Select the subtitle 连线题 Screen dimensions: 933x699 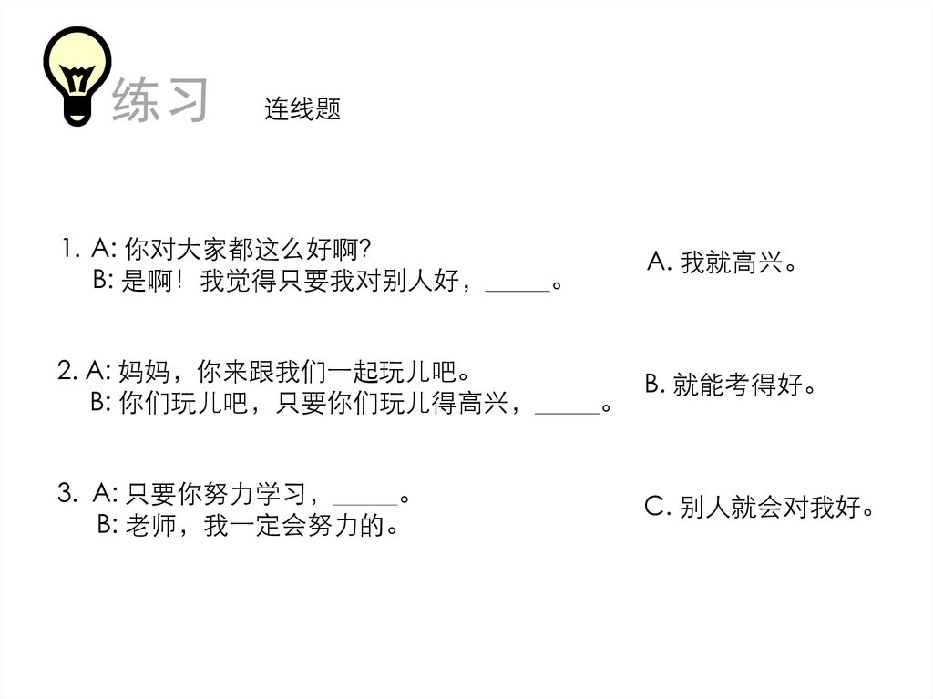[302, 110]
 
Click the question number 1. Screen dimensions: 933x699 [68, 248]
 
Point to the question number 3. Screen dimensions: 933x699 [66, 495]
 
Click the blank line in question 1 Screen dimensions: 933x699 [518, 289]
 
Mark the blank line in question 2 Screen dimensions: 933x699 [567, 412]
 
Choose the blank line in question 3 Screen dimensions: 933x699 [365, 503]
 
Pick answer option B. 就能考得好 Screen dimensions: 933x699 [730, 385]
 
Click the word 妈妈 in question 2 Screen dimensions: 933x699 [144, 372]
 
